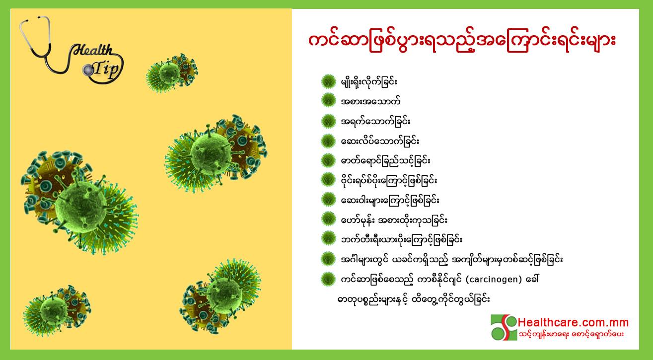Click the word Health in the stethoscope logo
tap(92, 50)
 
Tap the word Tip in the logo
tap(106, 70)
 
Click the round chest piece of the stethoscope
tap(87, 70)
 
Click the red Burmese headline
tap(462, 44)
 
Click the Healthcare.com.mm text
tap(573, 322)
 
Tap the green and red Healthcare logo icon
tap(504, 327)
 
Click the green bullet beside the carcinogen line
tap(328, 279)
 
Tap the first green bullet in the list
tap(329, 81)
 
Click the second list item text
tap(370, 101)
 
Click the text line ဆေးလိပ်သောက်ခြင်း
tap(380, 142)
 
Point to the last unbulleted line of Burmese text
tap(413, 299)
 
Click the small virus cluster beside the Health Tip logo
tap(172, 73)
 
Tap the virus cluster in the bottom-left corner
tap(57, 310)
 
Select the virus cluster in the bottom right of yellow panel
tap(220, 296)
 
